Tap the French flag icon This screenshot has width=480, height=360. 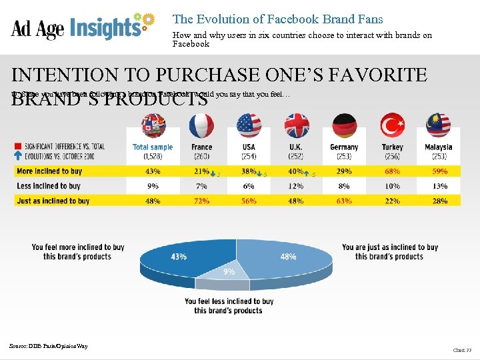tap(201, 125)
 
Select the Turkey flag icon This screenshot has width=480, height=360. tap(392, 125)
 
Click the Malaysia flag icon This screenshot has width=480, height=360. tap(438, 125)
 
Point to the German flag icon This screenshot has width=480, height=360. tap(344, 125)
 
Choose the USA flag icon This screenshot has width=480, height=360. tap(249, 125)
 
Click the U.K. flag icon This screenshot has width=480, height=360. tap(297, 125)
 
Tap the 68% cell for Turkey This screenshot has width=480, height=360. tap(392, 171)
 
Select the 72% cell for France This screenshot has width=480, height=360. tap(201, 201)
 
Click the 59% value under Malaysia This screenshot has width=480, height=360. tap(439, 171)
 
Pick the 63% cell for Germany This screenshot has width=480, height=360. tap(344, 201)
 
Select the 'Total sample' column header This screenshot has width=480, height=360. tap(153, 147)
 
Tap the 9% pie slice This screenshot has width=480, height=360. tap(229, 273)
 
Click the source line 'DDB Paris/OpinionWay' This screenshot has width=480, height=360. tap(48, 345)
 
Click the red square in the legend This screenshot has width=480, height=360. tap(18, 145)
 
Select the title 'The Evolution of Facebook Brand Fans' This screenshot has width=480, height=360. tap(277, 19)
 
